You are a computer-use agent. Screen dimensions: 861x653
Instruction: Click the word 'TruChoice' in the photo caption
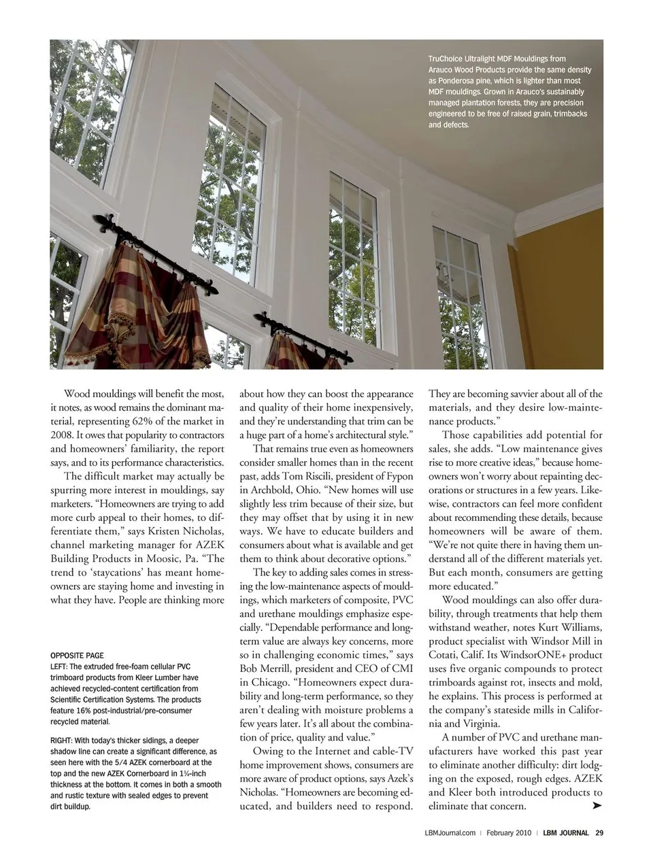coord(445,59)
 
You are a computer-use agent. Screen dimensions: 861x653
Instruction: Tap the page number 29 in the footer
coord(599,832)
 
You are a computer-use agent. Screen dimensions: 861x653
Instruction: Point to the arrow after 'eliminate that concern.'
coord(597,806)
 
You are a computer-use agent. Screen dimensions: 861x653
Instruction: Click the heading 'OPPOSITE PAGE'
coord(77,656)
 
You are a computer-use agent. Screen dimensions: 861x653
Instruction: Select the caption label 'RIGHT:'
coord(63,740)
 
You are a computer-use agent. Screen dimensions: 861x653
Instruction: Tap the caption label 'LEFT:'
coord(60,666)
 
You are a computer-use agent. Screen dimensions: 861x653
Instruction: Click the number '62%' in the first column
coord(158,421)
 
